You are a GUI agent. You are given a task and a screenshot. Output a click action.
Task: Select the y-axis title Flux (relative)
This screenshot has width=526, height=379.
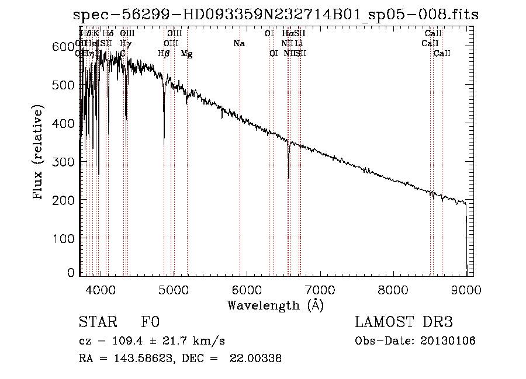point(39,153)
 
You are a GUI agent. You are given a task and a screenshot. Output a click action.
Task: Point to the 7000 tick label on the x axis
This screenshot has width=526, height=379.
point(320,289)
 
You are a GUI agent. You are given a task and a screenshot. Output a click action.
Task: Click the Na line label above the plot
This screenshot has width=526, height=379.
point(238,43)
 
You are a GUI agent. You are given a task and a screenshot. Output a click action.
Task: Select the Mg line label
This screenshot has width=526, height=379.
point(186,54)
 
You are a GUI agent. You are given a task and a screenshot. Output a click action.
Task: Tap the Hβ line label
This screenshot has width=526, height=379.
point(164,54)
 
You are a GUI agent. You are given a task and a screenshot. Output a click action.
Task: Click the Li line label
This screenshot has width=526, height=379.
point(299,43)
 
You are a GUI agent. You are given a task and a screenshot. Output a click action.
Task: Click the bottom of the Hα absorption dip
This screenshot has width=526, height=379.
point(289,178)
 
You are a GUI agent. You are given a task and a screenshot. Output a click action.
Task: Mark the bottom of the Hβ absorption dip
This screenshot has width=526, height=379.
point(164,138)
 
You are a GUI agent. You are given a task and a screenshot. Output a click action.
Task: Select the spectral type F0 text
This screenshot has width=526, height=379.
point(150,323)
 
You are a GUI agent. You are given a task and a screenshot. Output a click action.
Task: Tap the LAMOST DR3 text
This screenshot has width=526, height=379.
point(404,323)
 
